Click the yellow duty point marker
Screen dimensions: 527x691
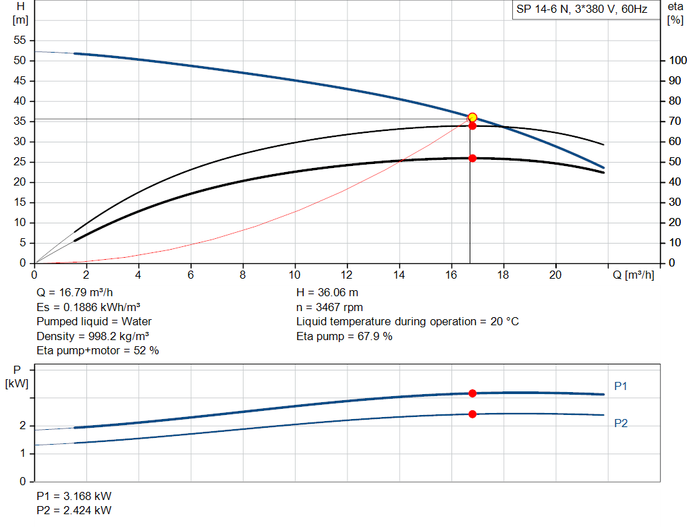(x=472, y=117)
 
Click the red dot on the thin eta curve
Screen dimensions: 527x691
(x=472, y=126)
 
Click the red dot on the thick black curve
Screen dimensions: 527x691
(x=472, y=158)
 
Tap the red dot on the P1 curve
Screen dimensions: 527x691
(x=472, y=393)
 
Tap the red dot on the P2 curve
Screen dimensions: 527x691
(x=472, y=414)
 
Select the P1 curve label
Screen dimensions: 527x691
(x=621, y=386)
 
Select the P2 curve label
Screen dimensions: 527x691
(x=621, y=423)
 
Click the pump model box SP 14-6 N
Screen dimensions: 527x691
(x=582, y=9)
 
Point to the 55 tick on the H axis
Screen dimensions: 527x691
(x=20, y=40)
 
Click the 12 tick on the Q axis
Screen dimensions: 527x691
(x=347, y=275)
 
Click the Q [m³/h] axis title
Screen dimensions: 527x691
(x=633, y=275)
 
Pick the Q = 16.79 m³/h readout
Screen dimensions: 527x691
(x=74, y=293)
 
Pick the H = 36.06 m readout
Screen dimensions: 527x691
(x=327, y=293)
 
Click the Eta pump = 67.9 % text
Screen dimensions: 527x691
(x=344, y=336)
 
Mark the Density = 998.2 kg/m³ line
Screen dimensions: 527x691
(x=93, y=336)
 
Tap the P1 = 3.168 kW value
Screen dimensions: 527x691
(x=74, y=496)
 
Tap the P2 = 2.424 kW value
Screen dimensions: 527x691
(x=74, y=510)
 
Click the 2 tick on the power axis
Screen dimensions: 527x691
(x=23, y=426)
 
